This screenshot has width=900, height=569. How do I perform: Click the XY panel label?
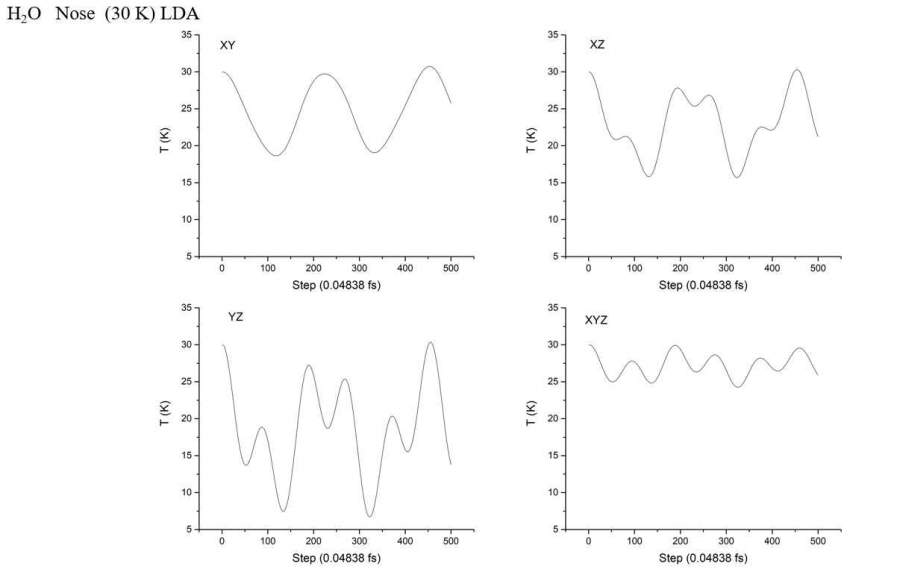(x=227, y=46)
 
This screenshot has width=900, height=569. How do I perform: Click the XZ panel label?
(x=597, y=46)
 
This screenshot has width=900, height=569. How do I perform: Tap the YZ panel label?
(x=236, y=317)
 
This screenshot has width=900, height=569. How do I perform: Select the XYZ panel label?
(x=596, y=320)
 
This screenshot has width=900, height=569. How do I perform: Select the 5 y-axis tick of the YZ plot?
(x=188, y=529)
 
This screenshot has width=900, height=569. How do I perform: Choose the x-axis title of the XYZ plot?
(x=702, y=557)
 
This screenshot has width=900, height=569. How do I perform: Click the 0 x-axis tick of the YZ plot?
(x=222, y=542)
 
